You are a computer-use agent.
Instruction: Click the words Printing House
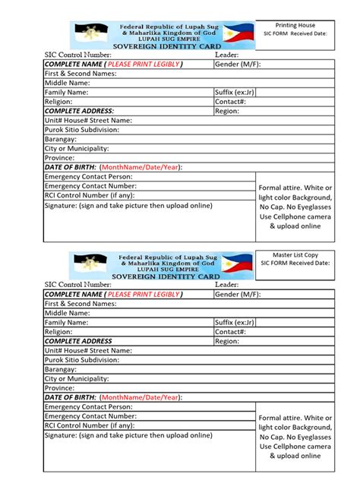point(295,26)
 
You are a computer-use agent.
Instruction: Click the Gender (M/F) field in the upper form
point(238,65)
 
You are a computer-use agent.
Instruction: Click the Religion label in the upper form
point(58,101)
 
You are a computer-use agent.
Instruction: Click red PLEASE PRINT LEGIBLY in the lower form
point(143,294)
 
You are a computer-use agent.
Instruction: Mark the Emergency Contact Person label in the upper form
point(88,176)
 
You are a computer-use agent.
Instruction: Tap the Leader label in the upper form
point(227,55)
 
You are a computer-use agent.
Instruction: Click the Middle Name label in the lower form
point(68,313)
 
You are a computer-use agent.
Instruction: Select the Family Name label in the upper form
point(67,92)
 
